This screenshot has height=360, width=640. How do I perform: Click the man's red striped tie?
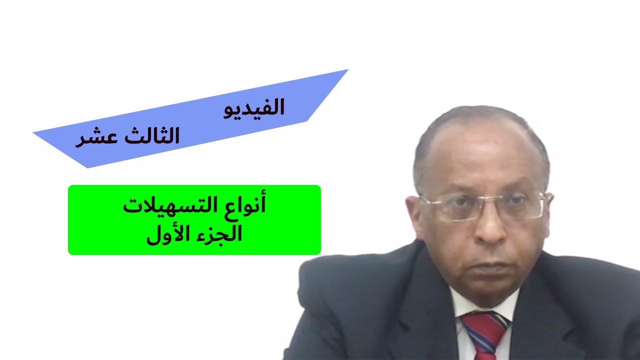(x=482, y=332)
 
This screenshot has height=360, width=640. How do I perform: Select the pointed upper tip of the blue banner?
(x=347, y=70)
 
